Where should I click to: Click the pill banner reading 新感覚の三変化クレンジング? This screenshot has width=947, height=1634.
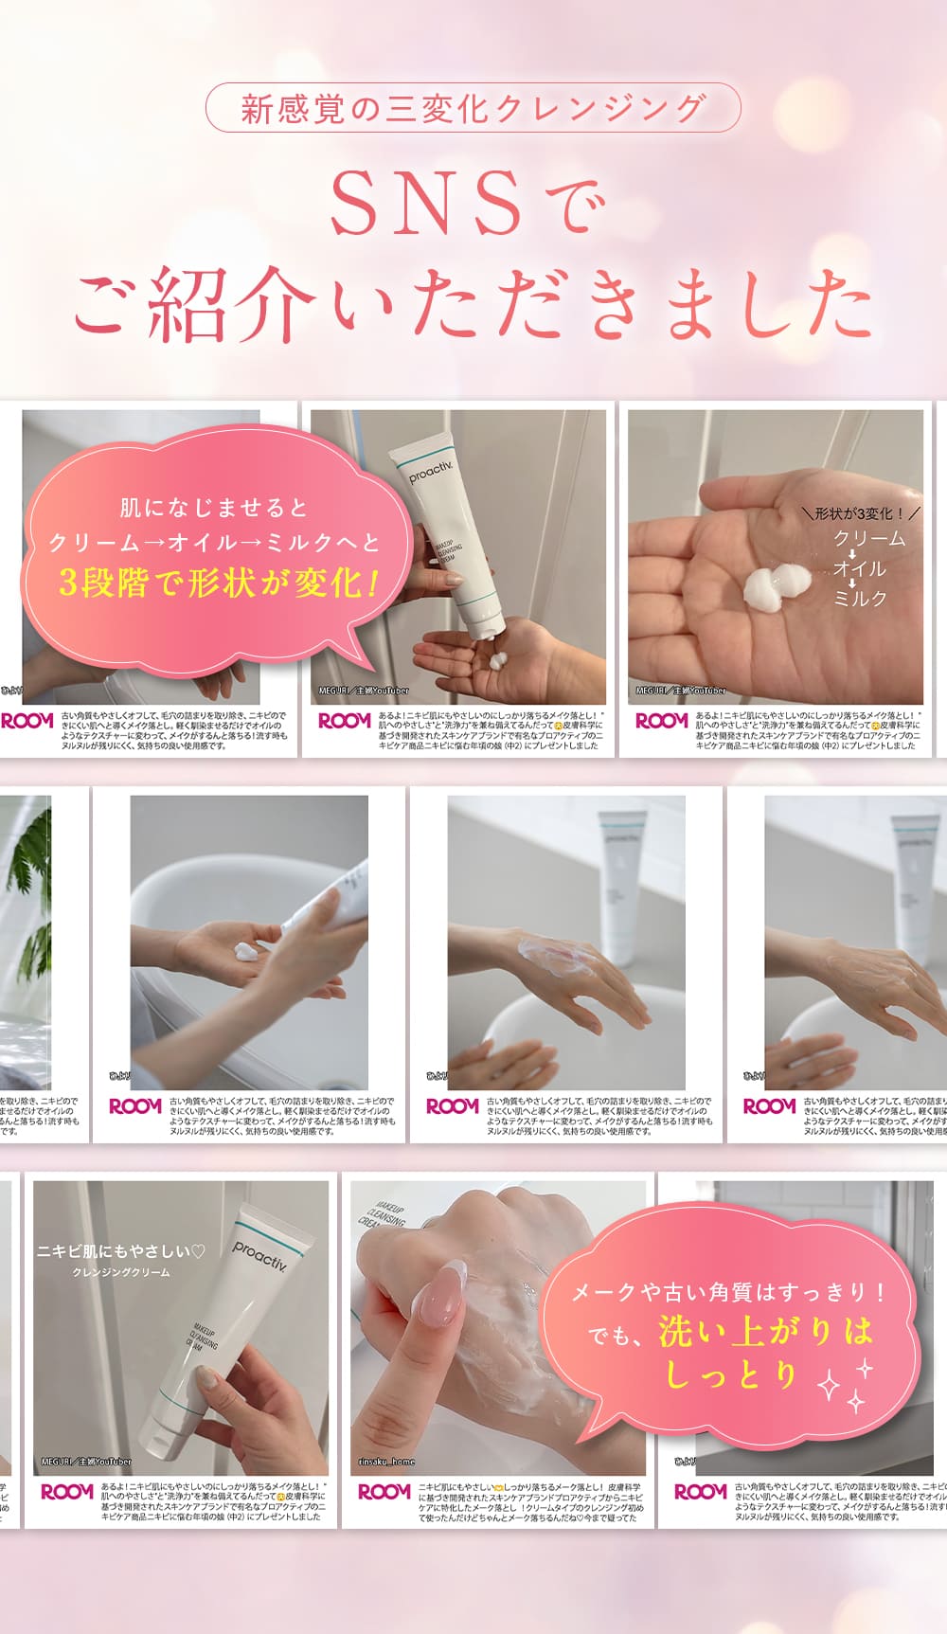click(x=473, y=108)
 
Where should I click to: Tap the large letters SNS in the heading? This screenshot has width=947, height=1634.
click(x=426, y=203)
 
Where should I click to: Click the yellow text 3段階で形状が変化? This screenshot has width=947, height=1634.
click(x=218, y=582)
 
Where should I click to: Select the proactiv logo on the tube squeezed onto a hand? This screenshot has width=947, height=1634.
click(x=431, y=471)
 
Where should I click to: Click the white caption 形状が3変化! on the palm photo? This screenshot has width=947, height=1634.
click(x=860, y=513)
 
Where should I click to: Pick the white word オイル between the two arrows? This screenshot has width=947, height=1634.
click(x=860, y=568)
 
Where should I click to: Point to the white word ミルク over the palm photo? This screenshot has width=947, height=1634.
click(x=860, y=599)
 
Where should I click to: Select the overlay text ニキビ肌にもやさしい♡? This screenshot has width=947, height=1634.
click(x=120, y=1251)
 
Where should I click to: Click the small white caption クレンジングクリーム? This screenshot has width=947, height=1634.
click(x=121, y=1272)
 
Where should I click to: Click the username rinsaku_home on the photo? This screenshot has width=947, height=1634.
click(x=386, y=1462)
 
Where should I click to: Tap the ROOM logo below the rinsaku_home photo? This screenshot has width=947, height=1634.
click(x=384, y=1492)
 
